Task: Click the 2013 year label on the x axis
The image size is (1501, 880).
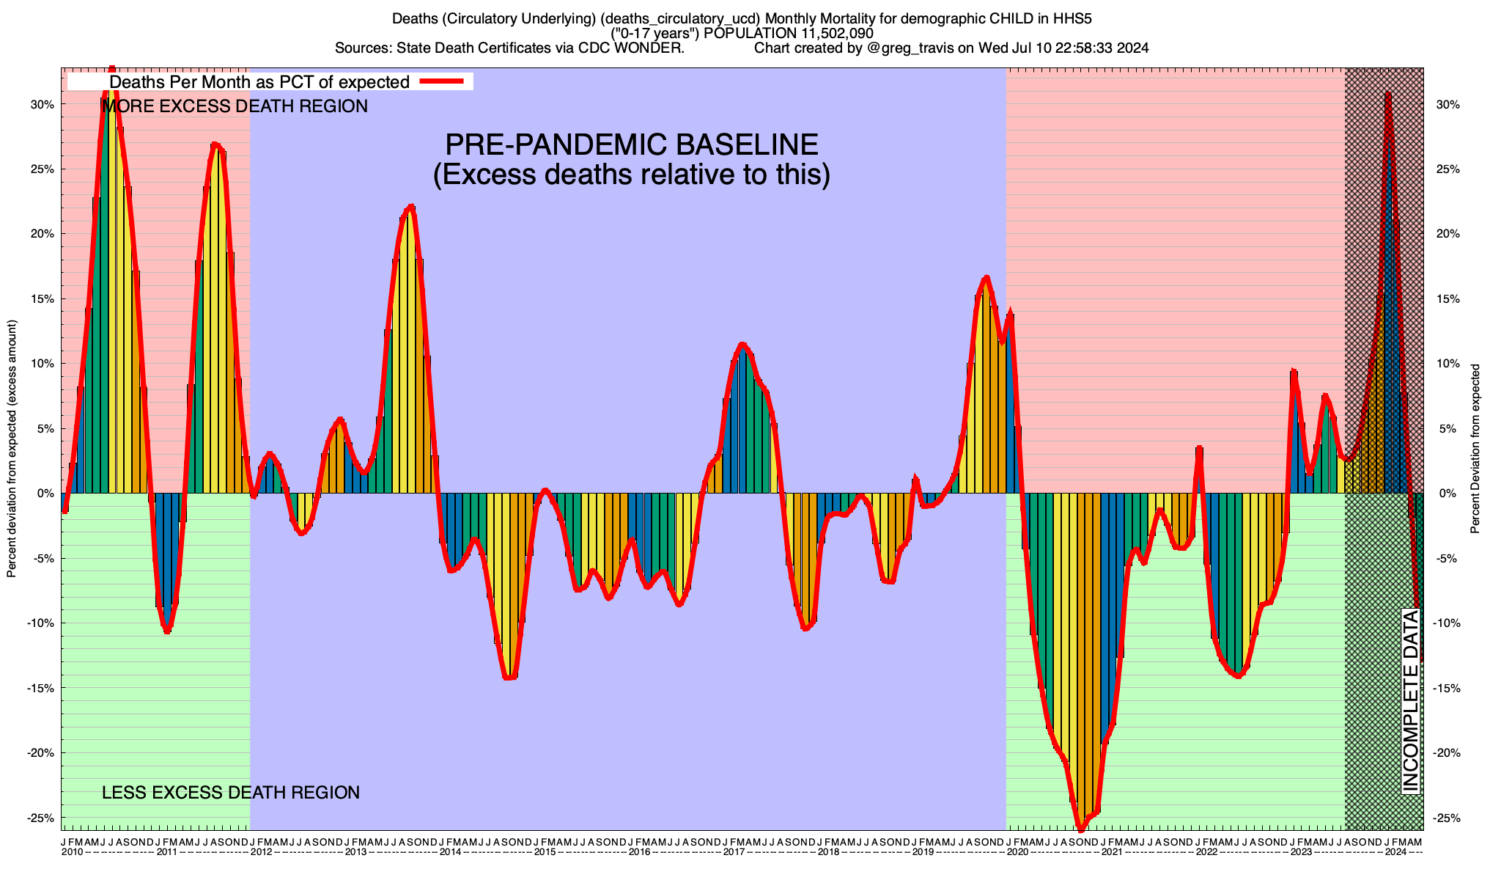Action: pos(355,852)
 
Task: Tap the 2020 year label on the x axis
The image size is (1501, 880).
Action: pos(1017,852)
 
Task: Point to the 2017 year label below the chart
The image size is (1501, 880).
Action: pos(734,852)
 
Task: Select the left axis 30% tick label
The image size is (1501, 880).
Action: pos(42,104)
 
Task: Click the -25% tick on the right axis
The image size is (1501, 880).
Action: pos(1447,818)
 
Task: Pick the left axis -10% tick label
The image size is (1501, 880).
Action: pos(40,623)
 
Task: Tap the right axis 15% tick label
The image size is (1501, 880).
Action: pos(1447,299)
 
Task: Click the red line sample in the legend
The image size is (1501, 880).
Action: pos(442,81)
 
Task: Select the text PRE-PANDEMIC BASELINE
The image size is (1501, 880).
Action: pos(632,144)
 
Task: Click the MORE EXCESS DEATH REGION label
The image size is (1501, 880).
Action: pos(235,106)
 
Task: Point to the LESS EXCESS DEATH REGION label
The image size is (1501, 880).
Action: pos(231,793)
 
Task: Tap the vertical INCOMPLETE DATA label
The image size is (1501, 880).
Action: pos(1411,700)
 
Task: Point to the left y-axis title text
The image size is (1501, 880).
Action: pos(12,449)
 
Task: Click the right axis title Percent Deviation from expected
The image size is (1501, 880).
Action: pos(1475,449)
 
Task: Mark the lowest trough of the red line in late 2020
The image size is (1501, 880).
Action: pos(1082,829)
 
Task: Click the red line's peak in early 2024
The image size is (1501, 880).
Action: pos(1387,94)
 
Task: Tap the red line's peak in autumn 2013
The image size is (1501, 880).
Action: pos(411,207)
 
